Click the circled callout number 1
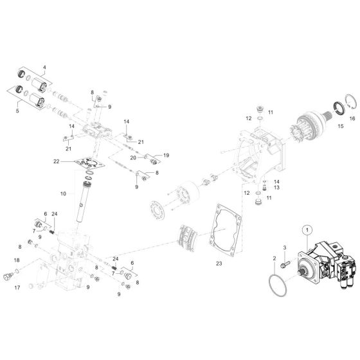tap(307, 230)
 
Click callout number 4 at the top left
tap(44, 67)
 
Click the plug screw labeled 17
tap(9, 277)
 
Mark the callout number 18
tap(17, 260)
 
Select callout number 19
tap(165, 155)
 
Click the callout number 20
tap(133, 157)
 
